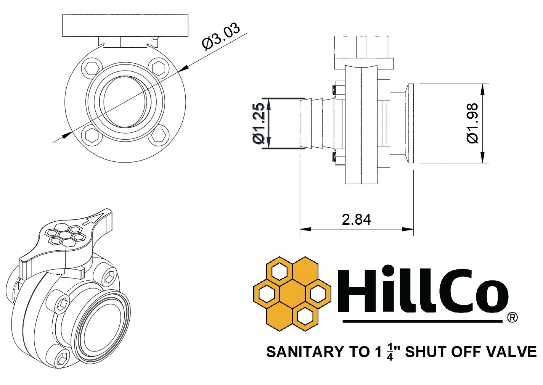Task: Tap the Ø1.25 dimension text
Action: click(258, 123)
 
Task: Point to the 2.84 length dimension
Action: click(356, 219)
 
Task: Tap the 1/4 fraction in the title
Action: click(390, 352)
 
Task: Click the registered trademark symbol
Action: click(512, 317)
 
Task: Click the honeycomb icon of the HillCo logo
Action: click(292, 293)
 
